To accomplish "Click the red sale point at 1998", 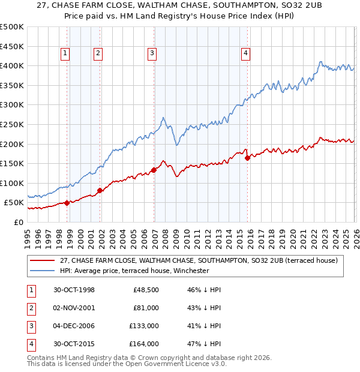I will click(x=67, y=203).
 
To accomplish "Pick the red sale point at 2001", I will click(x=100, y=190).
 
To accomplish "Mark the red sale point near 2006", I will click(x=154, y=170).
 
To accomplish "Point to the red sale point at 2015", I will click(x=247, y=158).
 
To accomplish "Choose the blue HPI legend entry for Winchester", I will click(x=134, y=271).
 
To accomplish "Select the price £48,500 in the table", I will click(x=146, y=290).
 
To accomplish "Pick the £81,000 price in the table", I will click(x=146, y=308).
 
